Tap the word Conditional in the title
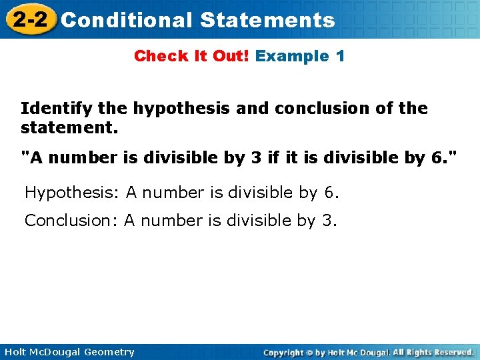(125, 20)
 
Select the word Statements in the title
(267, 20)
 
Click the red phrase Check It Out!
(191, 56)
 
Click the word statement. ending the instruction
(69, 127)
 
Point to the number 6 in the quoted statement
(435, 158)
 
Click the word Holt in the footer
(17, 352)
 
